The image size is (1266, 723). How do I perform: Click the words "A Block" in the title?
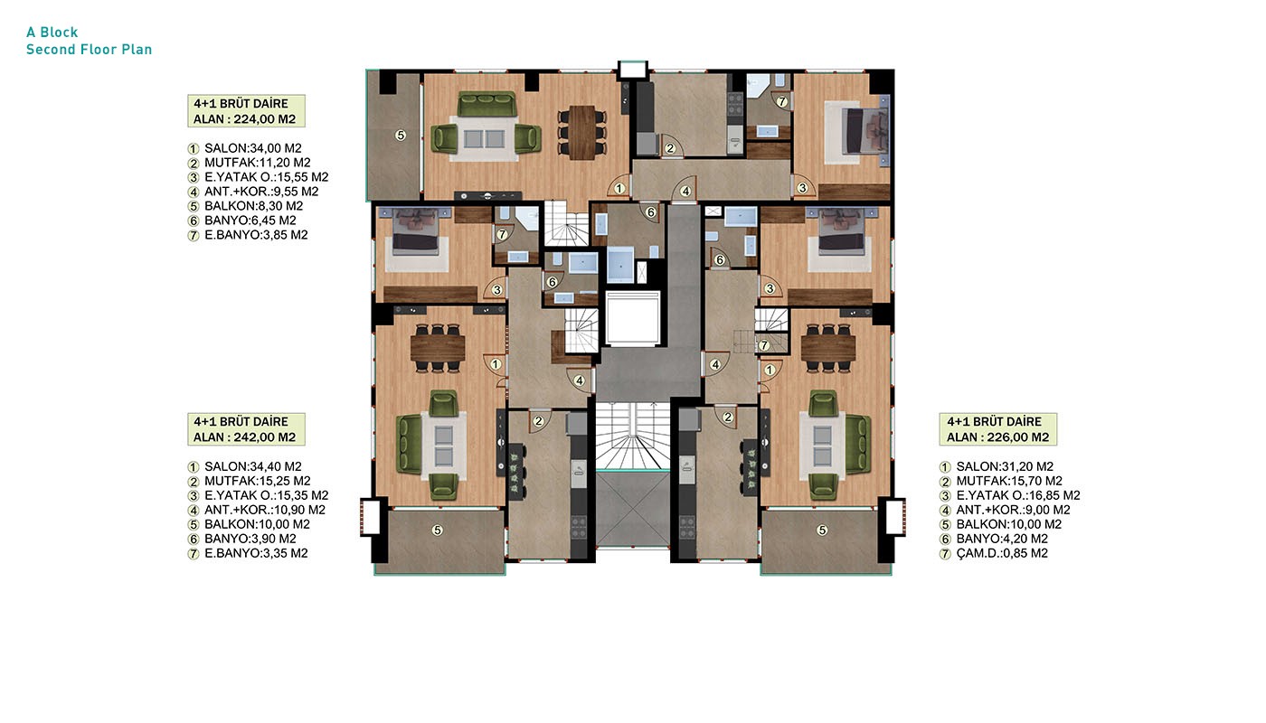point(52,33)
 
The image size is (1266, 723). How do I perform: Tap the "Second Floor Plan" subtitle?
point(90,49)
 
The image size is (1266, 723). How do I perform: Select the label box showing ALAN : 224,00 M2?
point(246,110)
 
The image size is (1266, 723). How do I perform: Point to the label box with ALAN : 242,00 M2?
point(246,429)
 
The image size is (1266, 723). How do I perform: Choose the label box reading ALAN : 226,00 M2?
point(998,429)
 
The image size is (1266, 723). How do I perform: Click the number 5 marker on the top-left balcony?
point(401,135)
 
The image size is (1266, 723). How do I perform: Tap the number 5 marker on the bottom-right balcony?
point(822,531)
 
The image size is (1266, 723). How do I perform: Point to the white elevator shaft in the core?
point(633,318)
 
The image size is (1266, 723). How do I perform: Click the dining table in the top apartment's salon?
point(582,132)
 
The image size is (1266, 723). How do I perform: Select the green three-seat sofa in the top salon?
point(487,105)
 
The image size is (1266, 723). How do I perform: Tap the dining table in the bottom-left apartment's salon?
point(438,347)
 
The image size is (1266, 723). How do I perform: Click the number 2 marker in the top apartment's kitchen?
point(670,148)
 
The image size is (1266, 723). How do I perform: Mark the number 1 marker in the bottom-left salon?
point(496,364)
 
